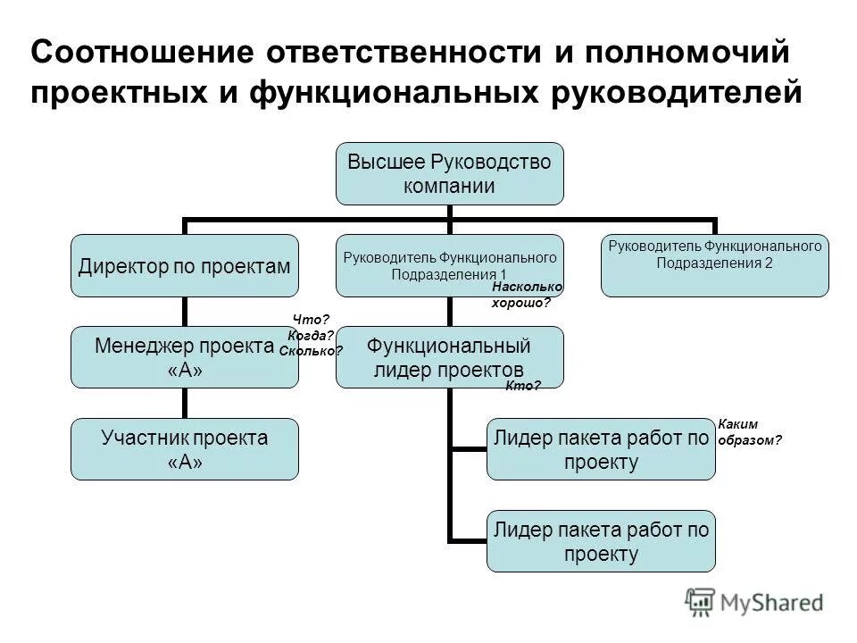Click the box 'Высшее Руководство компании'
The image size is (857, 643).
[x=449, y=173]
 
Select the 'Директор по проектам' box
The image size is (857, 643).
[x=185, y=265]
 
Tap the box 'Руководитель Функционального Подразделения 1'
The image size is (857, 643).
[x=449, y=265]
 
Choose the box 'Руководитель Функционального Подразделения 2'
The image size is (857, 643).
[x=714, y=265]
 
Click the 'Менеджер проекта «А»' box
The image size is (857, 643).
[x=185, y=357]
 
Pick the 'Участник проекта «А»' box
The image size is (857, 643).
[x=185, y=449]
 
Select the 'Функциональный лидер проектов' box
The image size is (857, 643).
[x=449, y=357]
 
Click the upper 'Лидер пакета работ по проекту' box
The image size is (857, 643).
[x=600, y=449]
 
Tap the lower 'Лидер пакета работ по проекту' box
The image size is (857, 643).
[x=600, y=541]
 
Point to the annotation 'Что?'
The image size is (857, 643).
[x=312, y=320]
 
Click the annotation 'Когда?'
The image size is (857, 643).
[x=311, y=335]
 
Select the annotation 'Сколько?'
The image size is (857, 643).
[x=311, y=351]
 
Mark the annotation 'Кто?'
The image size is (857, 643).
[x=523, y=386]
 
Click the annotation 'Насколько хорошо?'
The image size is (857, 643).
[x=527, y=295]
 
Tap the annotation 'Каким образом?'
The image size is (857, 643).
[x=749, y=432]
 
